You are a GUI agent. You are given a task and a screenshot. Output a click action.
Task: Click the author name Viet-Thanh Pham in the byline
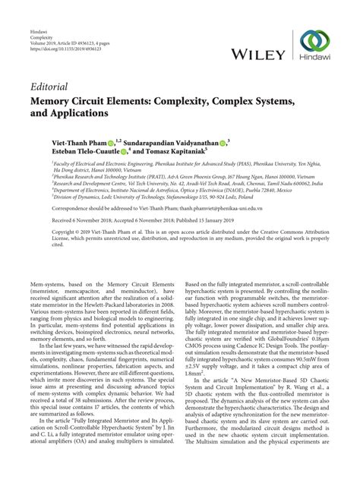click(63, 141)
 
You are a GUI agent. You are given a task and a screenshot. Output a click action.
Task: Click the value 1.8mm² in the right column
click(195, 373)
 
